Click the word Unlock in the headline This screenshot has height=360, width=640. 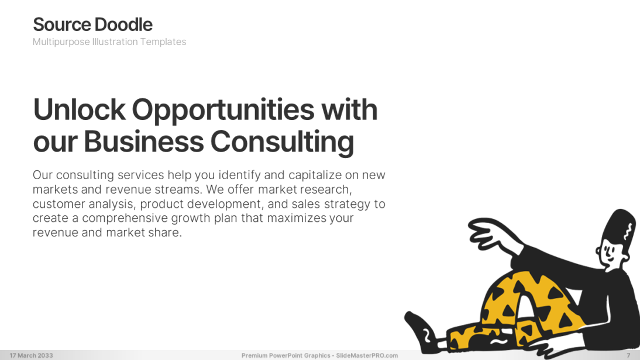[80, 109]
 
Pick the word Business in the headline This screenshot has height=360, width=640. [144, 142]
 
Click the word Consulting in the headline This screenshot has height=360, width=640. [282, 143]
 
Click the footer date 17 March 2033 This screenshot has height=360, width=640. [32, 355]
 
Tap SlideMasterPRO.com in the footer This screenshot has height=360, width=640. [367, 355]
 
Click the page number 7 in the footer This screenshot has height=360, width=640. [628, 355]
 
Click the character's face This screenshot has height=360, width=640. [609, 253]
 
